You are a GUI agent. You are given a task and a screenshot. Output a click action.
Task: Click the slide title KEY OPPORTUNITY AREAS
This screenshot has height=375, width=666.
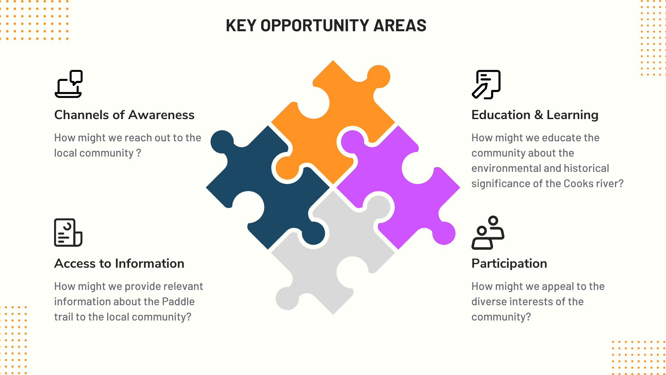pyautogui.click(x=326, y=26)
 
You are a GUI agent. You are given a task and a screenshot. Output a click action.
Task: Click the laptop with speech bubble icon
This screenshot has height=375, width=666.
pyautogui.click(x=69, y=84)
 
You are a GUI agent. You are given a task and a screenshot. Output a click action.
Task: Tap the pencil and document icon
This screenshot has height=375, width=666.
pyautogui.click(x=486, y=85)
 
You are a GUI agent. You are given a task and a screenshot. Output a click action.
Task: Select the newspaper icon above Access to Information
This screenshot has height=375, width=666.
pyautogui.click(x=68, y=233)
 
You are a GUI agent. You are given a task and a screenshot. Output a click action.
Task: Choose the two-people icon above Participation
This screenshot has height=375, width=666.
pyautogui.click(x=487, y=233)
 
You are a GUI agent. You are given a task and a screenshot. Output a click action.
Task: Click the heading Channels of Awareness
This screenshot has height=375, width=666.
pyautogui.click(x=124, y=115)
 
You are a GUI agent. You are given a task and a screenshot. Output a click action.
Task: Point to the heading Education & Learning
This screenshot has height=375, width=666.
pyautogui.click(x=535, y=115)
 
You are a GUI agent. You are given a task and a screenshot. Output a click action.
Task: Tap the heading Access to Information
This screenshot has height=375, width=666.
pyautogui.click(x=119, y=264)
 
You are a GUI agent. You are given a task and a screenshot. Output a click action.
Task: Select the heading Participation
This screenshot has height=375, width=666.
pyautogui.click(x=509, y=264)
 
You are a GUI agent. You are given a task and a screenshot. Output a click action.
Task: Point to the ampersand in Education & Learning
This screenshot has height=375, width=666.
pyautogui.click(x=538, y=115)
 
